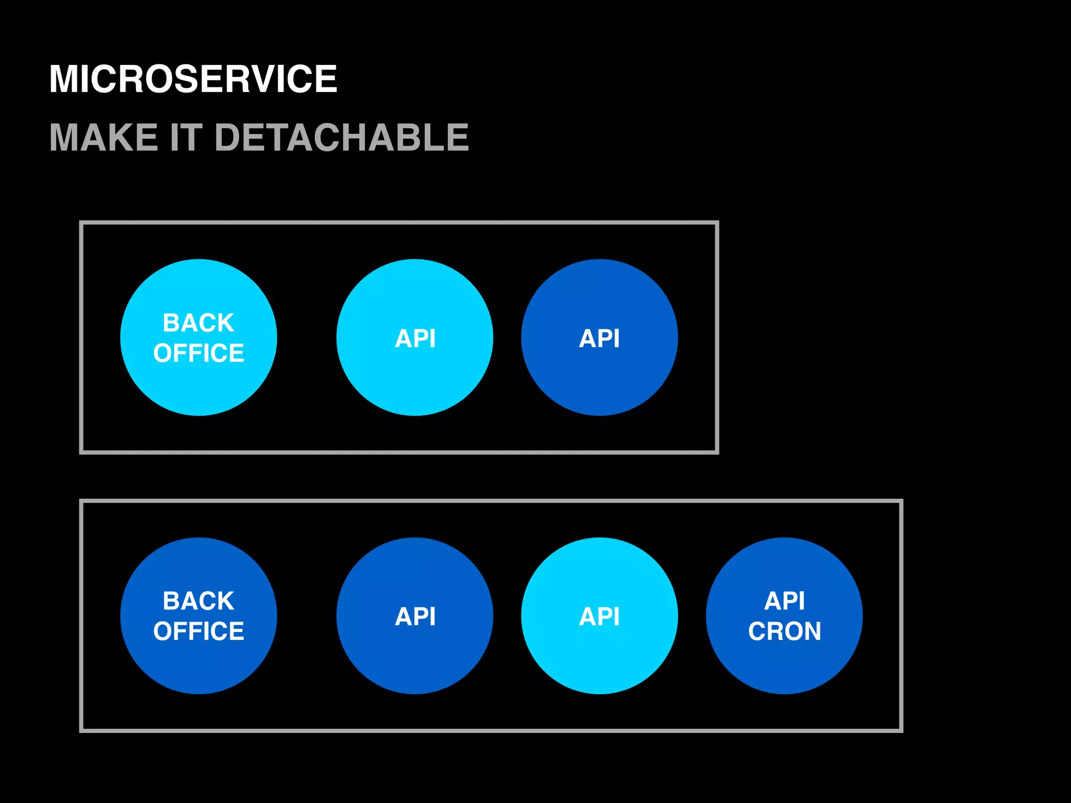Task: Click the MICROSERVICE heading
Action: pos(193,79)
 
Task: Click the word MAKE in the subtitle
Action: pos(104,137)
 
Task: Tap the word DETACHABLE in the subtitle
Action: pos(341,137)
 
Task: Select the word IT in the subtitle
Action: pos(186,137)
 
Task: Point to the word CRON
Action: pos(784,631)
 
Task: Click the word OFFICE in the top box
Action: pos(199,353)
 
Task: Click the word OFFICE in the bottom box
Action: pos(199,631)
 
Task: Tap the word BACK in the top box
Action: pos(199,323)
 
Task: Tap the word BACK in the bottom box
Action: pos(199,601)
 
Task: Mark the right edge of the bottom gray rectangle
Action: pos(901,616)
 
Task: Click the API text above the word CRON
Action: pos(784,601)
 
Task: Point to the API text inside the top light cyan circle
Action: pos(415,338)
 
